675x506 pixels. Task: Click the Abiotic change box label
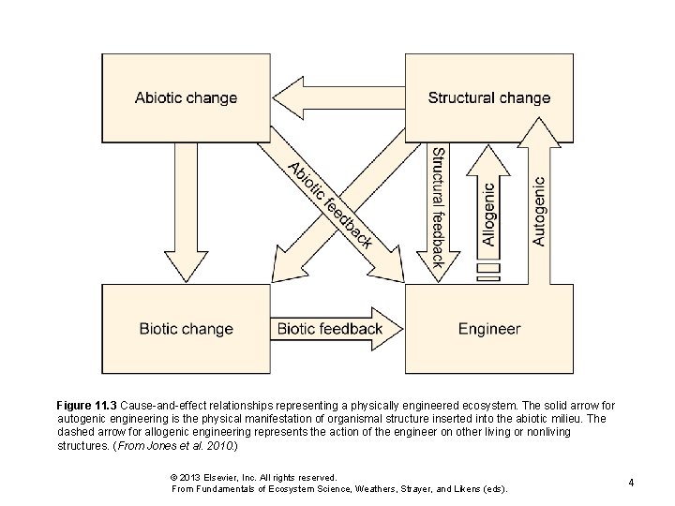coord(186,97)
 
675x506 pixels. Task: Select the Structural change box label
coord(488,97)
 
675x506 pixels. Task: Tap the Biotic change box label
coord(186,329)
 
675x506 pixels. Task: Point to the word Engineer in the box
coord(488,329)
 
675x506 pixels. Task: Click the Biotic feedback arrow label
coord(329,329)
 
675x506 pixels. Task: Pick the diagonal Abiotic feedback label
coord(330,205)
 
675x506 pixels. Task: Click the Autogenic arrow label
coord(538,212)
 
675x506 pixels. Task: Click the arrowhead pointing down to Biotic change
coord(185,268)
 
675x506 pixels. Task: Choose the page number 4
coord(632,483)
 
